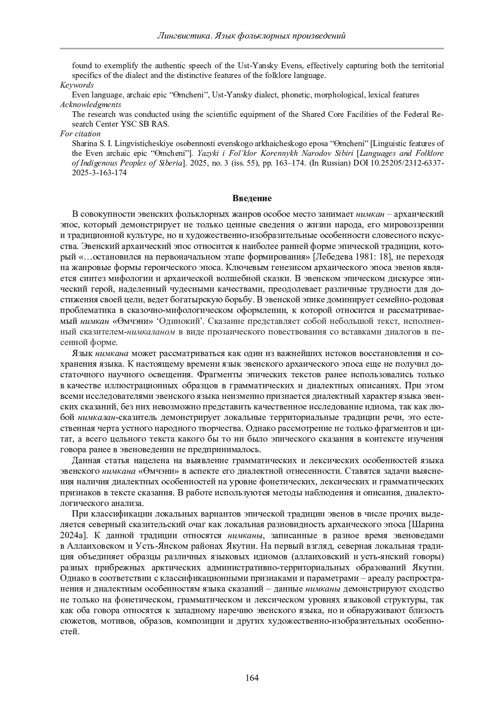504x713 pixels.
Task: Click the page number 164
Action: pyautogui.click(x=252, y=678)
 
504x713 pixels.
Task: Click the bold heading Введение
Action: pyautogui.click(x=252, y=198)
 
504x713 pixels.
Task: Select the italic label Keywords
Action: pyautogui.click(x=77, y=85)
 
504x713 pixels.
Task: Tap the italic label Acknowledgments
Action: pyautogui.click(x=91, y=105)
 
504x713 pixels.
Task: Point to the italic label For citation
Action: pyautogui.click(x=80, y=134)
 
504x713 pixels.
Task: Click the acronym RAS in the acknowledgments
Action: pyautogui.click(x=161, y=124)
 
